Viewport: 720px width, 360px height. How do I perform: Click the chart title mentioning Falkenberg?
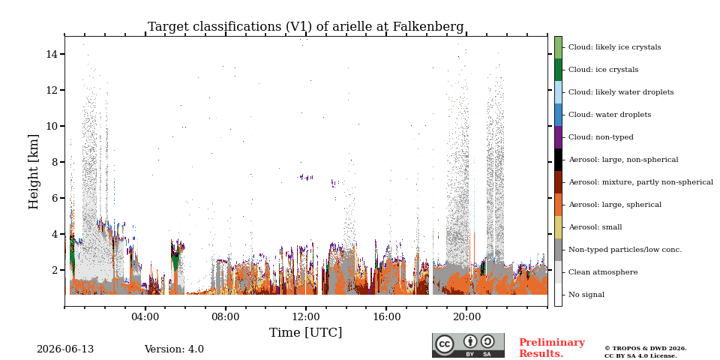click(306, 27)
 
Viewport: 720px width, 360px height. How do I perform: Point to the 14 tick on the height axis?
click(52, 54)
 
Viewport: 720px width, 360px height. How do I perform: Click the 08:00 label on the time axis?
click(226, 317)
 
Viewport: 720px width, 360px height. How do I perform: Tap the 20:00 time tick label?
click(466, 317)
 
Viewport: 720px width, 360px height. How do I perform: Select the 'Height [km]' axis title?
click(34, 172)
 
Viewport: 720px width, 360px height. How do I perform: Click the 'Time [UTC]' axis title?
click(306, 332)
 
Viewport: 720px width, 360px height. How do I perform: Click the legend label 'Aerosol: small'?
click(595, 227)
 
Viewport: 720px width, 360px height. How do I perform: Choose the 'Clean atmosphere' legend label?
click(603, 272)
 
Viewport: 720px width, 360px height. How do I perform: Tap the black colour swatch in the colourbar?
click(558, 160)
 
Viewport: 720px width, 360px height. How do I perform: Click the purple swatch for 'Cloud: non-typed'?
click(558, 137)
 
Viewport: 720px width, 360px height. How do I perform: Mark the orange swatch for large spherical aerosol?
click(558, 205)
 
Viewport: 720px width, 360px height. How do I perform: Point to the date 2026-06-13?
click(65, 349)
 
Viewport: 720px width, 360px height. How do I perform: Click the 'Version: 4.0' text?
click(174, 349)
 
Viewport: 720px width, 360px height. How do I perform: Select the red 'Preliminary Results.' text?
click(552, 348)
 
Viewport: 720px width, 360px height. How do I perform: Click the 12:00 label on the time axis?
click(306, 317)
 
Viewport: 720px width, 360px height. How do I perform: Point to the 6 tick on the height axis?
click(55, 198)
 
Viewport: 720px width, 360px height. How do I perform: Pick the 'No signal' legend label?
click(586, 295)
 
